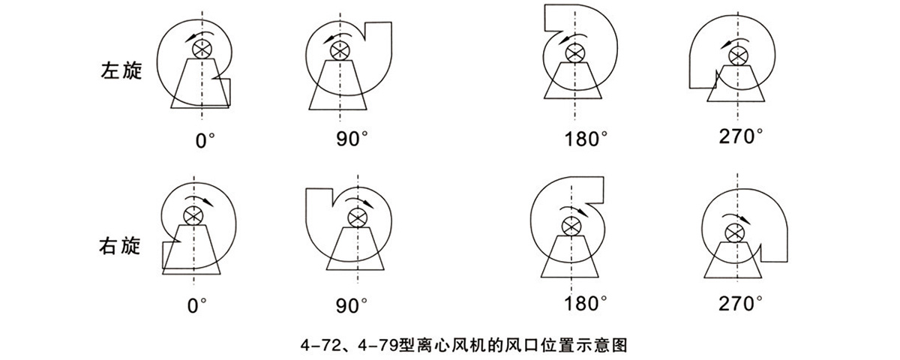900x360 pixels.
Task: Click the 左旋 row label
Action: [121, 70]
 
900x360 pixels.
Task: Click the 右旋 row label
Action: [120, 245]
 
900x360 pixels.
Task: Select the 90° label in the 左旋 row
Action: [352, 139]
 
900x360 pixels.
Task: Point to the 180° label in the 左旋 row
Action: [586, 139]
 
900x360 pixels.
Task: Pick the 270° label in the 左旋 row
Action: [740, 136]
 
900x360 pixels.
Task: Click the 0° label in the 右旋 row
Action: [196, 306]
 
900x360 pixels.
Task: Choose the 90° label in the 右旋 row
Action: [352, 306]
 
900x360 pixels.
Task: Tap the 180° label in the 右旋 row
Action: [586, 303]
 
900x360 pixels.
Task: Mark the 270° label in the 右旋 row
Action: [740, 303]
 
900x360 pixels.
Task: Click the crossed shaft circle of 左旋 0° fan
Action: [202, 49]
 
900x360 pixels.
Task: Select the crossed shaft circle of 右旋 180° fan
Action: [571, 226]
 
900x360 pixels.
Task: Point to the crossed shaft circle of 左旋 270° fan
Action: [738, 55]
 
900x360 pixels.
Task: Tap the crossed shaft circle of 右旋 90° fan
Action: [358, 218]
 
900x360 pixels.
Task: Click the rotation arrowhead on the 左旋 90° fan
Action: [329, 39]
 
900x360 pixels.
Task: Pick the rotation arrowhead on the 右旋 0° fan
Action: [208, 202]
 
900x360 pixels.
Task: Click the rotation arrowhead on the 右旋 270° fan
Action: [745, 220]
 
